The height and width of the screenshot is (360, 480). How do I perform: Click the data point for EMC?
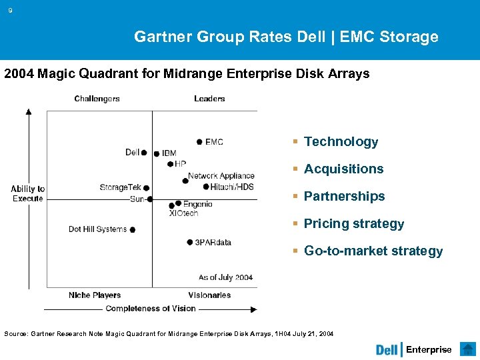point(199,141)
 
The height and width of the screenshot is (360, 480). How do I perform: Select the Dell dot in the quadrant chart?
point(144,153)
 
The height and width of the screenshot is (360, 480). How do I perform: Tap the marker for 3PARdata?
point(190,242)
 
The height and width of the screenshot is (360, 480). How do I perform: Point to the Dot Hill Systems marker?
point(133,230)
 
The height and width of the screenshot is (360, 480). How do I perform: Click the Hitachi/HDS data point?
point(205,187)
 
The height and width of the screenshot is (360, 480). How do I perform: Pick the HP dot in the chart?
point(170,163)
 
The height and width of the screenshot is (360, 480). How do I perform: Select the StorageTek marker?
point(146,188)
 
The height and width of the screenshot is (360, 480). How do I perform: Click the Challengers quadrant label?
point(97,99)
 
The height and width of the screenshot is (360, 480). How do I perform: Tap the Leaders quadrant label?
point(209,99)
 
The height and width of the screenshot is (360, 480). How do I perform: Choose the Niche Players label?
point(95,295)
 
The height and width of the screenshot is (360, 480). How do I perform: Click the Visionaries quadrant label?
point(209,295)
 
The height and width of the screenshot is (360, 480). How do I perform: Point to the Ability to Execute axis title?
point(28,193)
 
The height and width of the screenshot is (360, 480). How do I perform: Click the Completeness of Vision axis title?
point(151,309)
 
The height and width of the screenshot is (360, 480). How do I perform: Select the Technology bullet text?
point(341,141)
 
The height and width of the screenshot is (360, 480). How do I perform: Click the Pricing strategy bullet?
point(354,223)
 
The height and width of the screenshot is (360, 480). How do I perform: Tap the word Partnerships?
point(344,196)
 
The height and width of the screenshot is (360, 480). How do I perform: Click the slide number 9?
point(10,10)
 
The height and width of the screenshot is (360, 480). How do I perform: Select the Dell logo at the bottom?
point(387,350)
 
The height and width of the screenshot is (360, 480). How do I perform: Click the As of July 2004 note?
point(225,277)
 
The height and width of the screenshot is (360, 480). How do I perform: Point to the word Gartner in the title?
point(163,37)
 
